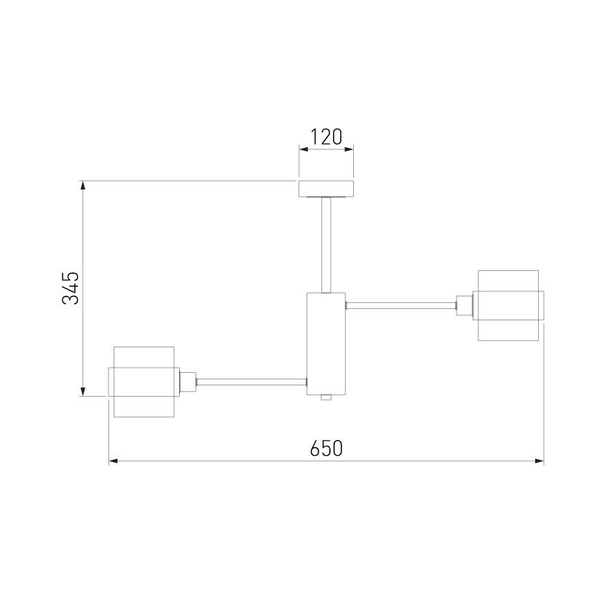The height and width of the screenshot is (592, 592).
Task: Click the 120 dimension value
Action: [x=326, y=137]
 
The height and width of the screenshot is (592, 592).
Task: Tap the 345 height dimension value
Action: [x=71, y=288]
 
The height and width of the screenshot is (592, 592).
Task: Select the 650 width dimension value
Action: [x=326, y=448]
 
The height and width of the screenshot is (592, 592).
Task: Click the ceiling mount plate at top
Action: [x=326, y=189]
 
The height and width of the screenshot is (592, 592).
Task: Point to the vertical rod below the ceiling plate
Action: [x=326, y=245]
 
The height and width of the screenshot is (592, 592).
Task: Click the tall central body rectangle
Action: [x=326, y=344]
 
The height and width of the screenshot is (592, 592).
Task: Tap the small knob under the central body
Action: [x=326, y=398]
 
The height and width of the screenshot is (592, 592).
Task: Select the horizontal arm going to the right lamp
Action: [x=401, y=306]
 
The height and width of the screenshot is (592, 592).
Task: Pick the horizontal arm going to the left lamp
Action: [x=251, y=382]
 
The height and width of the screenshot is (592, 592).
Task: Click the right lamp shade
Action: [x=508, y=306]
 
